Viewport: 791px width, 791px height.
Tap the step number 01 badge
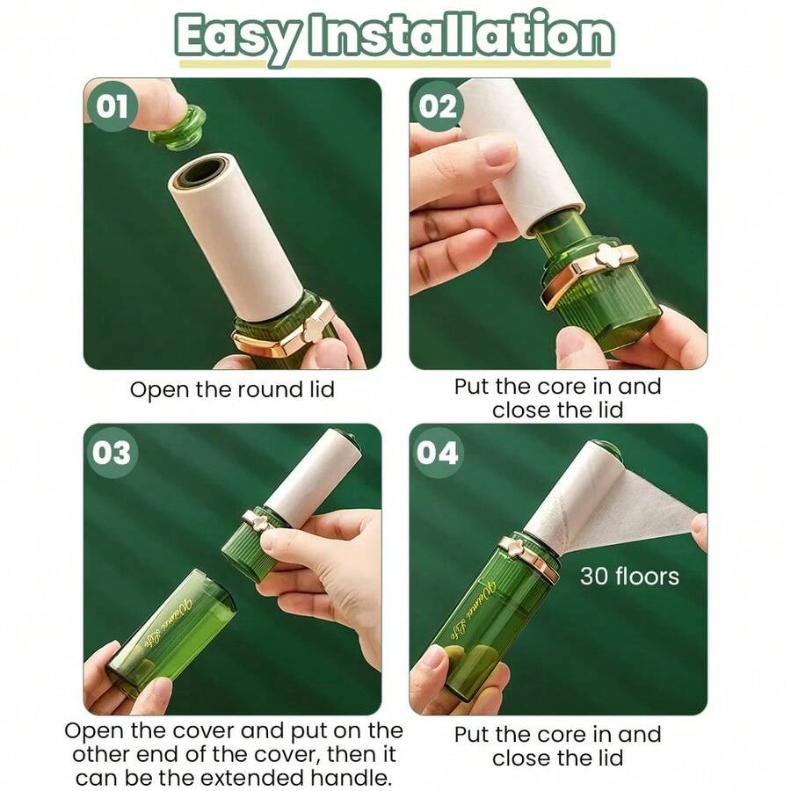pyautogui.click(x=112, y=107)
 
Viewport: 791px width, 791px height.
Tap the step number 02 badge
pyautogui.click(x=438, y=106)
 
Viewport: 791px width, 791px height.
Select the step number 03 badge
pyautogui.click(x=112, y=454)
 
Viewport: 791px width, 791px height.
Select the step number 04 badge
pyautogui.click(x=438, y=454)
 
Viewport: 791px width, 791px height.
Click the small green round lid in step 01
pyautogui.click(x=178, y=127)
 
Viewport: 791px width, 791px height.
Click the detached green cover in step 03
pyautogui.click(x=172, y=629)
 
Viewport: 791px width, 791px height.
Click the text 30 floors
pyautogui.click(x=629, y=577)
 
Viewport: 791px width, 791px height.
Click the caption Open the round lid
pyautogui.click(x=232, y=389)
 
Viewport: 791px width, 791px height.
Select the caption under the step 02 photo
pyautogui.click(x=557, y=397)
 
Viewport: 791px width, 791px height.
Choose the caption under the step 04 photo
pyautogui.click(x=557, y=745)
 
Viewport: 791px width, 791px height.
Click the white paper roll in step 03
pyautogui.click(x=313, y=475)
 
